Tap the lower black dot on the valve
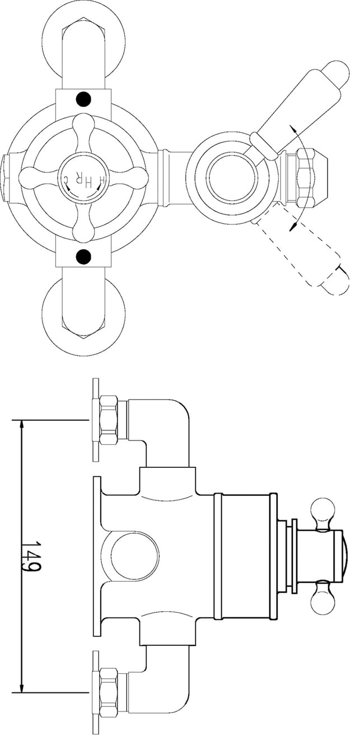tap(83, 256)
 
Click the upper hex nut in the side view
tap(109, 420)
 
